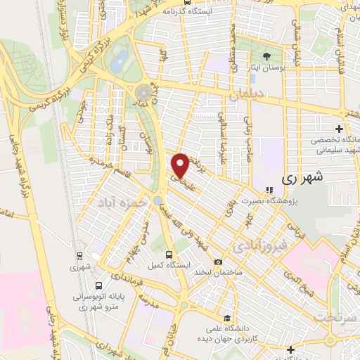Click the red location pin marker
click(x=181, y=165)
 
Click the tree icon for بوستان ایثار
click(x=266, y=57)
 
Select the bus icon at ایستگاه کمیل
click(x=168, y=255)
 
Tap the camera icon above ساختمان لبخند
click(x=218, y=262)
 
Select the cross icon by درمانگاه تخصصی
click(x=340, y=129)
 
